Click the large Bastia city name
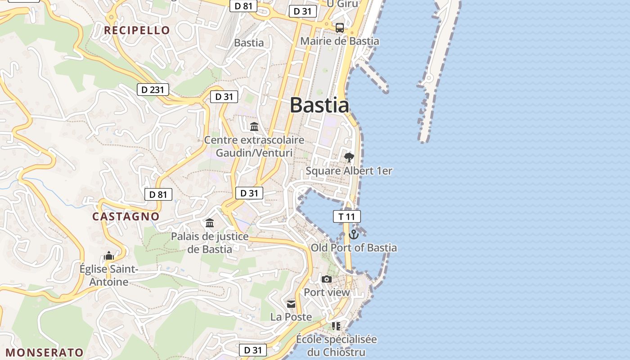click(319, 105)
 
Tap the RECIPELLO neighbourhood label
click(137, 31)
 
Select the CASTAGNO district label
click(126, 216)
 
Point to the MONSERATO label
click(45, 352)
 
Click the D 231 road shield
click(153, 90)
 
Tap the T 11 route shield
click(346, 216)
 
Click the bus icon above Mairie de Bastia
click(340, 27)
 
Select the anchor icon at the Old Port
click(354, 234)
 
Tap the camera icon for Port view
click(327, 279)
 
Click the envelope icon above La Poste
click(291, 304)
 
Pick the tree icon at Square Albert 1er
click(349, 157)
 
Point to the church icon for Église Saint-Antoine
click(108, 256)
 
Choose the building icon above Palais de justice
click(210, 223)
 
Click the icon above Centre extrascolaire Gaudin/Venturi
click(254, 126)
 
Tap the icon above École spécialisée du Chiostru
click(336, 326)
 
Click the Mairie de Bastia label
click(339, 41)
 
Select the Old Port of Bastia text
click(354, 247)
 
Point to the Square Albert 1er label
click(349, 171)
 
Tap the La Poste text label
click(291, 317)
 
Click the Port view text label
click(327, 292)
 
